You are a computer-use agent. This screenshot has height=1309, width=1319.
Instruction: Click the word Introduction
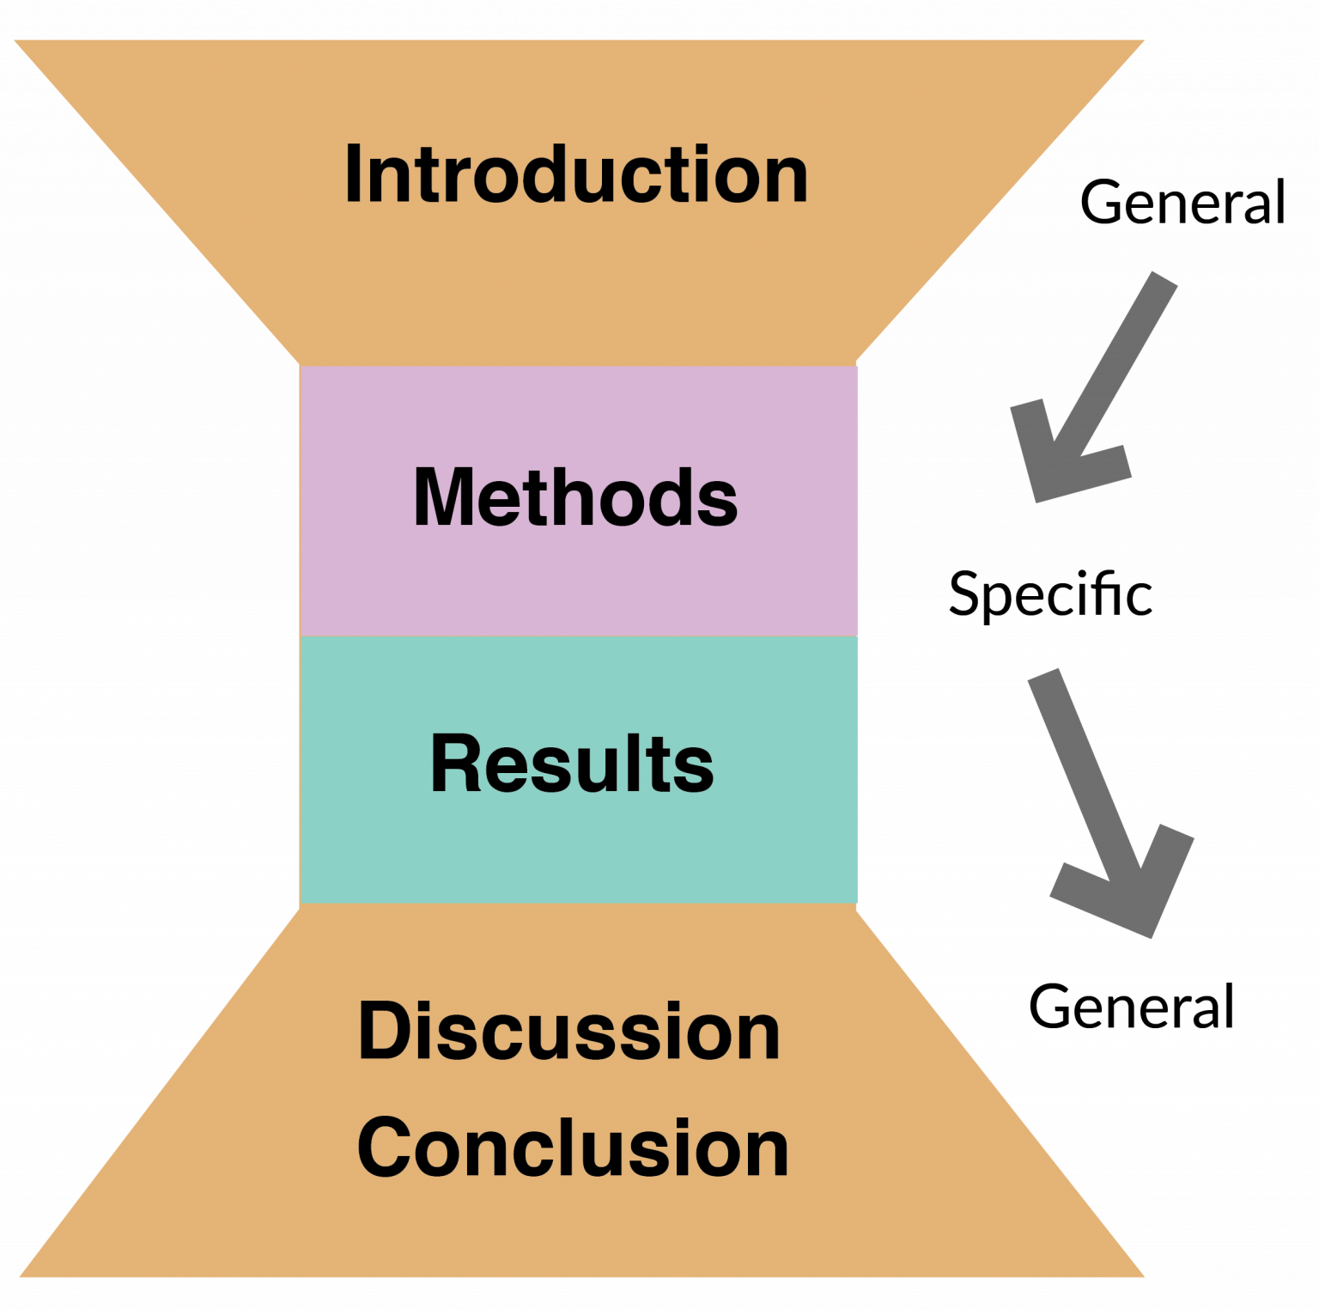tap(576, 174)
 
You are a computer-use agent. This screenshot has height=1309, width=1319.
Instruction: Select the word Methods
tap(575, 497)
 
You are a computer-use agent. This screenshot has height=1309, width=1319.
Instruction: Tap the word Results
tap(572, 764)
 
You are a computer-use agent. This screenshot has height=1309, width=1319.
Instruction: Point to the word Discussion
tap(568, 1031)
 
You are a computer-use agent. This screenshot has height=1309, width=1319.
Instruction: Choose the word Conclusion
tap(573, 1148)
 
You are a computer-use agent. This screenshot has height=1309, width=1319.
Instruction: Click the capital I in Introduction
tap(351, 174)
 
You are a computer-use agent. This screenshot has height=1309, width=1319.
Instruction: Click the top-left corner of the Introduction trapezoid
tap(14, 40)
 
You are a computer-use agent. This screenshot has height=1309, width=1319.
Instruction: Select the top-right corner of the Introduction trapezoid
tap(1145, 40)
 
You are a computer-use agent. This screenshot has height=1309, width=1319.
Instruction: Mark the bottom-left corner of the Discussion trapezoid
tap(19, 1276)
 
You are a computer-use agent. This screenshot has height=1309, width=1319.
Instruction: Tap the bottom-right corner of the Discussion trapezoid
tap(1145, 1276)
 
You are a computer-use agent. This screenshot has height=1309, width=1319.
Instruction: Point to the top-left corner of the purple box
tap(301, 367)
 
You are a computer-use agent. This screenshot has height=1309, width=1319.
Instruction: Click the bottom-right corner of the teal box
tap(856, 903)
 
